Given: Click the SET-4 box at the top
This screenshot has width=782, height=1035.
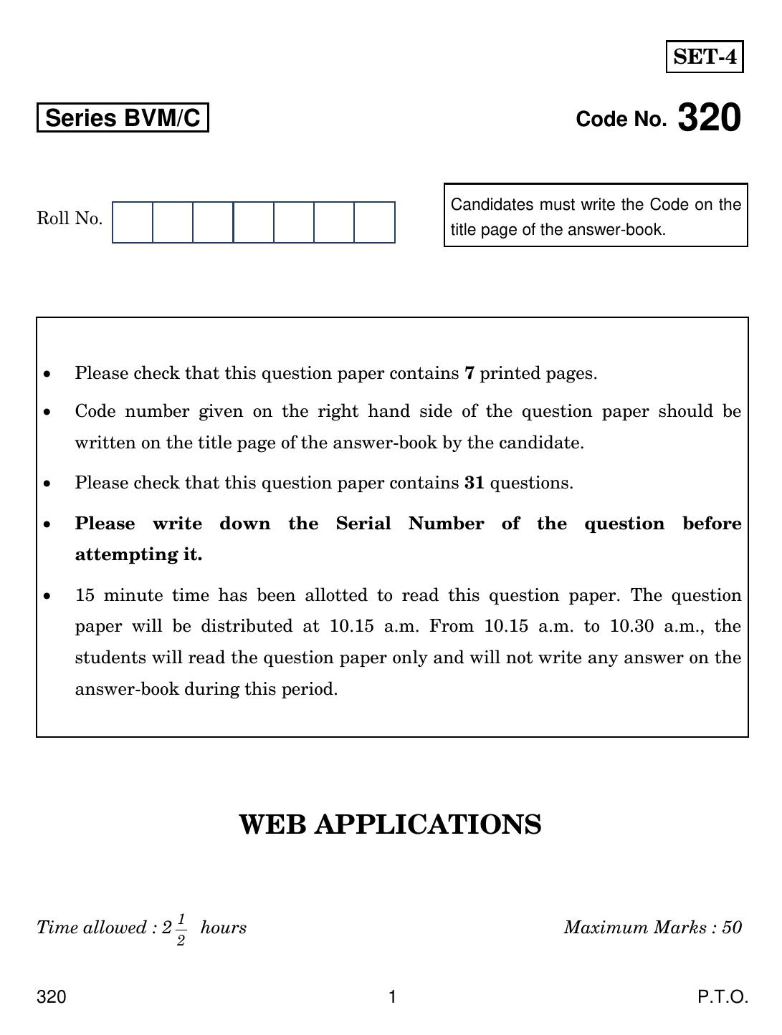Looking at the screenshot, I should click(x=705, y=57).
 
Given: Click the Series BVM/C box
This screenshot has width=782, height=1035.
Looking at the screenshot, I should click(x=123, y=118).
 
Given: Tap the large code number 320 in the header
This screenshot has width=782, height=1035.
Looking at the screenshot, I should click(x=708, y=118).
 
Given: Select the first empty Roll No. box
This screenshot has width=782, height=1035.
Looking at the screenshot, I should click(x=133, y=222).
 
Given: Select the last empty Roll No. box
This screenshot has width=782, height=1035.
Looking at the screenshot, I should click(x=374, y=222).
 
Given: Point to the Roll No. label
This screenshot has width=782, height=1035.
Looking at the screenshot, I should click(x=70, y=218).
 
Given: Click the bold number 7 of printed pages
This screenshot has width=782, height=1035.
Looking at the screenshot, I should click(x=469, y=373).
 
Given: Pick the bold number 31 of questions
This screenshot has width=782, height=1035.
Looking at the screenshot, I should click(x=474, y=483).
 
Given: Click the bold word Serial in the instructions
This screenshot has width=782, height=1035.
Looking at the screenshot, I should click(x=363, y=524).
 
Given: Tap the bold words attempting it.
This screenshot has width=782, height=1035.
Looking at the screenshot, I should click(x=138, y=554).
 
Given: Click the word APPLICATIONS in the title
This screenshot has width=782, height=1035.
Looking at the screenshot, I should click(x=428, y=824).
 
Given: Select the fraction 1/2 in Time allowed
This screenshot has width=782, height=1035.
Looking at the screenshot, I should click(x=181, y=929).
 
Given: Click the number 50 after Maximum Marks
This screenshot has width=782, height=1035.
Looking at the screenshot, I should click(x=732, y=928).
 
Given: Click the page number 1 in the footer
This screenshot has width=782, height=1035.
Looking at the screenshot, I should click(x=392, y=997).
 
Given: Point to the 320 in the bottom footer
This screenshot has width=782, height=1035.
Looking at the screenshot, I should click(x=52, y=997).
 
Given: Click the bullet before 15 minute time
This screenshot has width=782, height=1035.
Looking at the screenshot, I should click(x=47, y=596).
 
